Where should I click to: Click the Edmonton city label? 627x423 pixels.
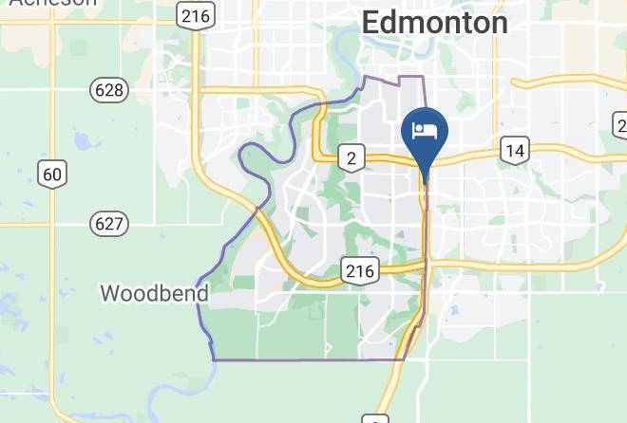435,22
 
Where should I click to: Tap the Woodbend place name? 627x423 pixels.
155,293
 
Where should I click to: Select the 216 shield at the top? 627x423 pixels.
197,16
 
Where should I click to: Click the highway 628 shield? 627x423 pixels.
109,91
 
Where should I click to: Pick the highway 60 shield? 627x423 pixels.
52,174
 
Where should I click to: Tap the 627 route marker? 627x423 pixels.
109,224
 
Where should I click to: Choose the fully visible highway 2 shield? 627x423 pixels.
351,157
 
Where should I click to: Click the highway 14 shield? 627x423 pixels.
515,150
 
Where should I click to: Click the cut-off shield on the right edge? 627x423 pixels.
620,125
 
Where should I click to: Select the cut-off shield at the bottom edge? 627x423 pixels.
376,418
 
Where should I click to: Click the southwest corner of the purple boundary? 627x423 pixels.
214,359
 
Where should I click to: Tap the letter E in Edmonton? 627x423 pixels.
374,22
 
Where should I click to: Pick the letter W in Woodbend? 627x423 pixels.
110,293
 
